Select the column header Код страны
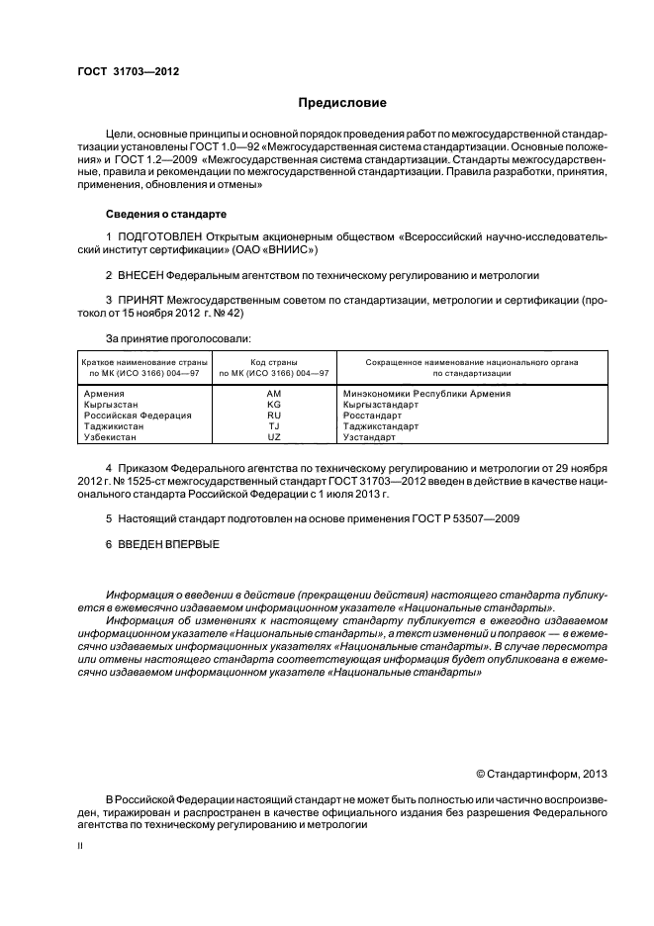click(x=274, y=362)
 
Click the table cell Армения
click(x=106, y=394)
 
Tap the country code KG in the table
click(x=274, y=405)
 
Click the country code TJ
click(x=274, y=426)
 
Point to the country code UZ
click(x=274, y=436)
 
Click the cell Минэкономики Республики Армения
click(x=426, y=394)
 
